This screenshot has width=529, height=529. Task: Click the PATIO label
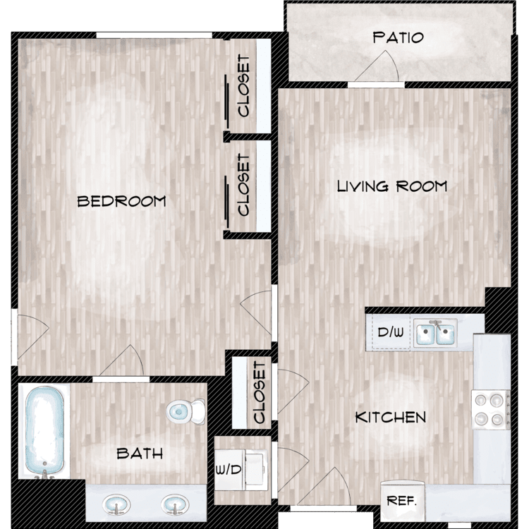click(398, 37)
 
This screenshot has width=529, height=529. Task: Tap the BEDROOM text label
click(121, 202)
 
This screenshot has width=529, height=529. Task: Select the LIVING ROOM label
click(392, 186)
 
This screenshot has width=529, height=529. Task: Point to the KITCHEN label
click(391, 418)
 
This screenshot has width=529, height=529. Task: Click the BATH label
click(140, 454)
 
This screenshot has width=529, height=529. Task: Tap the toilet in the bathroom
click(186, 412)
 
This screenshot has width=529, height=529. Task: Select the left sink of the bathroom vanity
click(116, 505)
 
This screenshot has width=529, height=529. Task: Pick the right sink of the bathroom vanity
click(175, 505)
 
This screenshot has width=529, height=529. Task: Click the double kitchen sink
click(436, 333)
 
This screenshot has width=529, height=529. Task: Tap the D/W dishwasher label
click(390, 333)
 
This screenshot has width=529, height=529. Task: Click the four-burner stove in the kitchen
click(491, 410)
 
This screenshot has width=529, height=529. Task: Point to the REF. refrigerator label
click(401, 501)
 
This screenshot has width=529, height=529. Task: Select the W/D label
click(229, 469)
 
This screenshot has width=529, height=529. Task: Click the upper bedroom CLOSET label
click(243, 86)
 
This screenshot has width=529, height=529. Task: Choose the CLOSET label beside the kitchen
click(259, 392)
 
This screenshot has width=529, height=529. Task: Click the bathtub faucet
click(44, 474)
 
